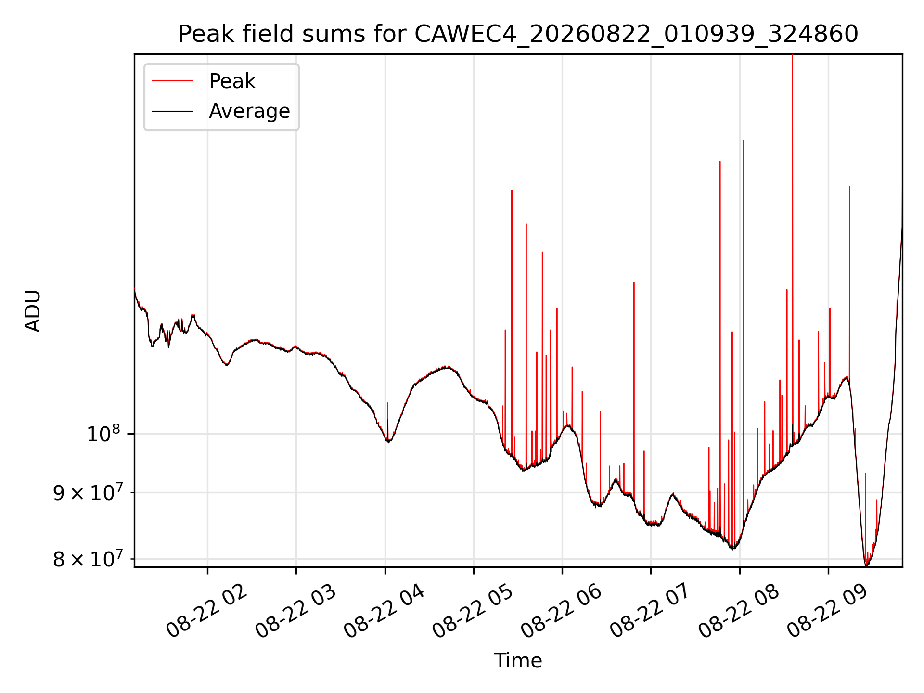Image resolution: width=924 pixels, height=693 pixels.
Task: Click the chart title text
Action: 518,34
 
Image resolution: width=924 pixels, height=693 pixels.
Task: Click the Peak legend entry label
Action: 232,81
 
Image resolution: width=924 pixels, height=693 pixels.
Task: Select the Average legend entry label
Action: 249,111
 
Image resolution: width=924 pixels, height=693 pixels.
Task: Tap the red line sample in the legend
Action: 172,81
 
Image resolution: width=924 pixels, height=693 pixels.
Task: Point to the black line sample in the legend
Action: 172,111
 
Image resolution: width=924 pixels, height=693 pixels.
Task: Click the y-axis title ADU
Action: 33,310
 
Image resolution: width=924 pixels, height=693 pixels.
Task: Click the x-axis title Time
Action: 518,661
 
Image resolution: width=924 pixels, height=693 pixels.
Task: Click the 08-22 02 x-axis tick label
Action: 206,611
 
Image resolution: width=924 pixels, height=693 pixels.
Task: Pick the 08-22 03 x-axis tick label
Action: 295,611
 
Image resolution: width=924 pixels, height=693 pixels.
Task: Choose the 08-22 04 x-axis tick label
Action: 384,611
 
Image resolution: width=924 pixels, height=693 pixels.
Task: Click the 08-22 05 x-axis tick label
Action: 473,611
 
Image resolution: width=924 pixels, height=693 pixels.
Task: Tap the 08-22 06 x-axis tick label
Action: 561,611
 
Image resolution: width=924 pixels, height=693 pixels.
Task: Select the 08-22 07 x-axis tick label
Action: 650,611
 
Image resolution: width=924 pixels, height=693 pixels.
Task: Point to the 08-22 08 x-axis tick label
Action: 739,611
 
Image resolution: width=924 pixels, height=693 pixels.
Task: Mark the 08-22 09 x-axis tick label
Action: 827,611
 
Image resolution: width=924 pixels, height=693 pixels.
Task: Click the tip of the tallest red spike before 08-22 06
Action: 512,191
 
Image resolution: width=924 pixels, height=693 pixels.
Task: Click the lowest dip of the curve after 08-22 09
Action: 866,565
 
